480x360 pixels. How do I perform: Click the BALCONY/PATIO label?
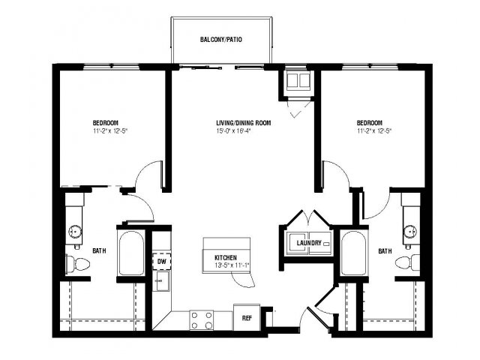[x=221, y=40]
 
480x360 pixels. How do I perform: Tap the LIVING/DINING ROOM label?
[x=243, y=123]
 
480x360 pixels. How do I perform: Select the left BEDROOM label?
[x=106, y=123]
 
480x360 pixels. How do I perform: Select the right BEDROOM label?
[x=370, y=123]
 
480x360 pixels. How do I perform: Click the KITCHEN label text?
[x=226, y=258]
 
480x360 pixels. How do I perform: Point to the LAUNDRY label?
[x=309, y=243]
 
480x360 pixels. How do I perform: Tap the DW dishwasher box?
[x=162, y=261]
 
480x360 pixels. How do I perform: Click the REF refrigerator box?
[x=247, y=318]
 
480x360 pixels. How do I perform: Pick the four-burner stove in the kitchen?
[x=202, y=320]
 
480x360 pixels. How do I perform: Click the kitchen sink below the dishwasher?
[x=161, y=281]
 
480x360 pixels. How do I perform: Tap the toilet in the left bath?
[x=78, y=263]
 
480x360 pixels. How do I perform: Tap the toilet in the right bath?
[x=407, y=262]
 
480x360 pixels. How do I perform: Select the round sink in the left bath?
[x=74, y=231]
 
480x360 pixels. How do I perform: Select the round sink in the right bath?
[x=410, y=232]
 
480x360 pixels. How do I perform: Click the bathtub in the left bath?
[x=132, y=253]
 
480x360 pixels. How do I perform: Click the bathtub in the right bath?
[x=353, y=253]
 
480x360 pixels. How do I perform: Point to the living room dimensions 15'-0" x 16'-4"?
[x=233, y=132]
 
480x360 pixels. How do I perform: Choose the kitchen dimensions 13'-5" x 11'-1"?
[x=232, y=265]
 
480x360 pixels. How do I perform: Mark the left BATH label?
[x=99, y=250]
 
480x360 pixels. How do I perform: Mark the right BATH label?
[x=385, y=251]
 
